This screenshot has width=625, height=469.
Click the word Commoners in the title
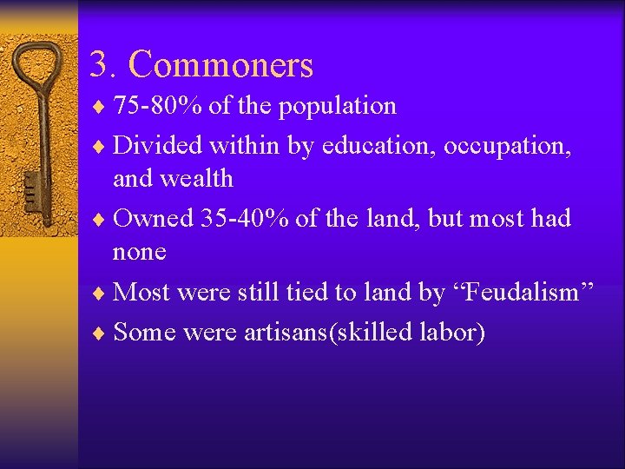220,64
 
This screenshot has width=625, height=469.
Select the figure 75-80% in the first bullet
155,106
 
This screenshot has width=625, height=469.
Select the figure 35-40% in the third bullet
245,218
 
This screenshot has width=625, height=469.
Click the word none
139,253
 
